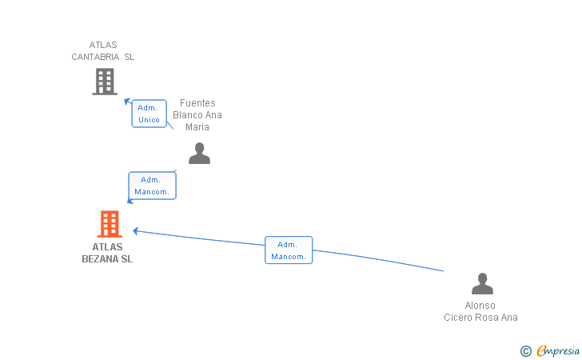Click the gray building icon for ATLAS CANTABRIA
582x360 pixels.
coord(105,82)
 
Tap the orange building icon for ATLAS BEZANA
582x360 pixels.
coord(109,224)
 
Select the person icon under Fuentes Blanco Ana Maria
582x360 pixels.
coord(199,153)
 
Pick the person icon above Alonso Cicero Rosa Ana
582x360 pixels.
coord(482,284)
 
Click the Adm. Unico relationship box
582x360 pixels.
coord(149,114)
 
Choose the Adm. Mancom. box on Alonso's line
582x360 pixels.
coord(289,250)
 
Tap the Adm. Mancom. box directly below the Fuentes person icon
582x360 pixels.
coord(152,186)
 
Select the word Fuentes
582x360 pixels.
coord(197,103)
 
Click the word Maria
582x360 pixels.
coord(197,127)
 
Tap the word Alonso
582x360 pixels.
coord(480,306)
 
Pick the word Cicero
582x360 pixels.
coord(459,318)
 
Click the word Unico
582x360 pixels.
coord(149,120)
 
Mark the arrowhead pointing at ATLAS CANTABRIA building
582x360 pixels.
coord(126,101)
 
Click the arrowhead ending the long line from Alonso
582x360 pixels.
coord(136,230)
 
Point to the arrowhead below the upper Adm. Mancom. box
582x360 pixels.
coord(130,201)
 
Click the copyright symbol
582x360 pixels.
coord(525,351)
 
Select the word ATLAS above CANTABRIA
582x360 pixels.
coord(103,45)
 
